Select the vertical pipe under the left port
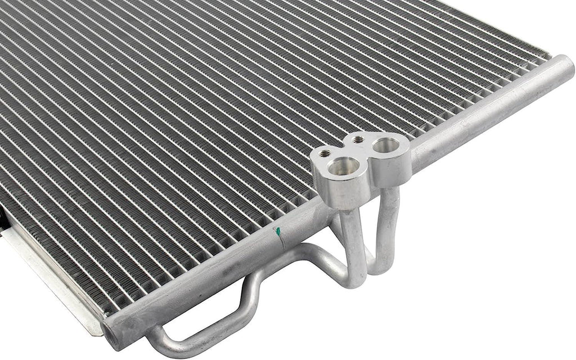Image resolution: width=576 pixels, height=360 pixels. click(x=353, y=242)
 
